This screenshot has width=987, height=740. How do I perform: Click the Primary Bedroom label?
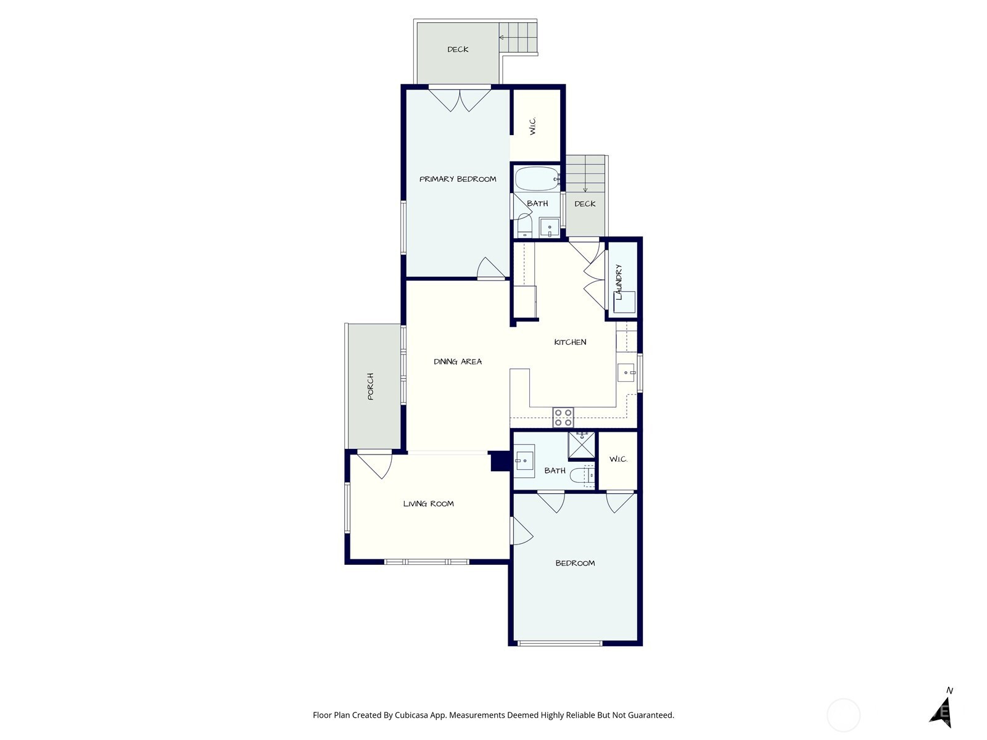[458, 179]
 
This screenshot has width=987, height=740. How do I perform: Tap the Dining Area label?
[458, 362]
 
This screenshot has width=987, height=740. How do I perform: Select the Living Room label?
[429, 504]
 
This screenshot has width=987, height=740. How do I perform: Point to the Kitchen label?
[570, 342]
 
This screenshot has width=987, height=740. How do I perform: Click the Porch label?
[371, 387]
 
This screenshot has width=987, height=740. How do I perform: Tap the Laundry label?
[619, 282]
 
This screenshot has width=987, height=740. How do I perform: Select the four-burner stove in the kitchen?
[563, 417]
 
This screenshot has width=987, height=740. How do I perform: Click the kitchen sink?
[626, 372]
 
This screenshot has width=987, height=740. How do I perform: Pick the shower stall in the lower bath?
[582, 445]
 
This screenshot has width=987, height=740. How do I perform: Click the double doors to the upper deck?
[460, 101]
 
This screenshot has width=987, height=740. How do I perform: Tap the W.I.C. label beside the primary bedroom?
[532, 126]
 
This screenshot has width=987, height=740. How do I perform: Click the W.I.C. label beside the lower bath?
[618, 459]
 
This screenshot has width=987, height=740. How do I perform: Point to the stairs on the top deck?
[518, 38]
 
